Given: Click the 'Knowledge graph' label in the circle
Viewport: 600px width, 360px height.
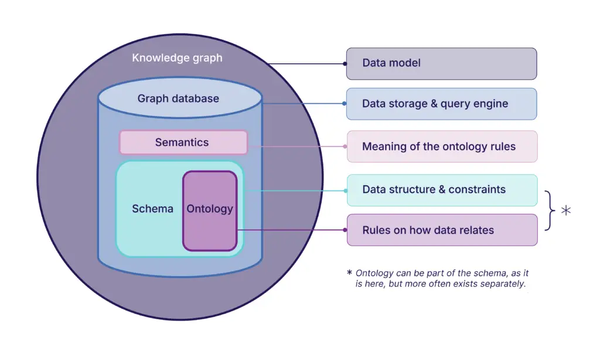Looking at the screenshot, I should [177, 58].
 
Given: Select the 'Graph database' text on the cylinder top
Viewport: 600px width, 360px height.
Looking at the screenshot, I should [178, 99].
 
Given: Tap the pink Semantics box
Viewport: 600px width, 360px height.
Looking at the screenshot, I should [183, 142].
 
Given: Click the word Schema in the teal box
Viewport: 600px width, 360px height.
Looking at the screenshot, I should [152, 209].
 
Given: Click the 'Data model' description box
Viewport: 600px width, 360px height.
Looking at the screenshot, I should [441, 63].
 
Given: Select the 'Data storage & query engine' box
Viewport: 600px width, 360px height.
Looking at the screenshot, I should [441, 104].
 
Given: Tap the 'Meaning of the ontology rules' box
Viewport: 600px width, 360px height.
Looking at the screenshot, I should [442, 147].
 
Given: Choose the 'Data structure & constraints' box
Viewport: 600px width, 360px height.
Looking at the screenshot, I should [442, 190].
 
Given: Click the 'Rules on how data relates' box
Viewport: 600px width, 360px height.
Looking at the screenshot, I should [442, 230].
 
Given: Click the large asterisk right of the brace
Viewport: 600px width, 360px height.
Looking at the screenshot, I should [566, 210].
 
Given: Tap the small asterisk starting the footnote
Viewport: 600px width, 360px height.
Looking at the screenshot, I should [350, 273].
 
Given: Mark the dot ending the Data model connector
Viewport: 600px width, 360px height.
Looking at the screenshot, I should [345, 63].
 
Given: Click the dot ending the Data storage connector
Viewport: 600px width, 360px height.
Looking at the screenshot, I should [345, 104].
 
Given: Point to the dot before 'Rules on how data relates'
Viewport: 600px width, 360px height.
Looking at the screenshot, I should [345, 230].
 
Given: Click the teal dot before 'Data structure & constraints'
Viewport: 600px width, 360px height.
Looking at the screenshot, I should [345, 190].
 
